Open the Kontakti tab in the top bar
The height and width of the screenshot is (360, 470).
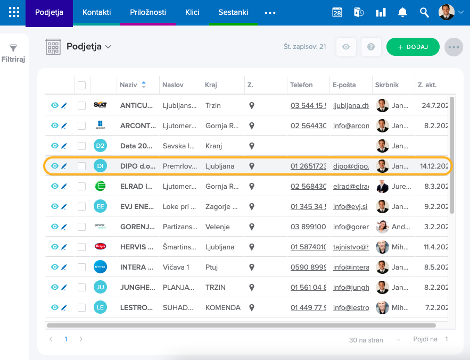pos(96,12)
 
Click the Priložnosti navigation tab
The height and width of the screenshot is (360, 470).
pos(148,12)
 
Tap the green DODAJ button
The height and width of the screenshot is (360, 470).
pos(413,47)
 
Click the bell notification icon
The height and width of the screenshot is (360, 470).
pos(403,12)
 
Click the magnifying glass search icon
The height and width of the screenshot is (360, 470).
pos(424,12)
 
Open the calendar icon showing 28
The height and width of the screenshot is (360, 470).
pos(337,12)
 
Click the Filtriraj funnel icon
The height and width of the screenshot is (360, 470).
pos(14,48)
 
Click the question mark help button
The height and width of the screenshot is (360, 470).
pos(371,47)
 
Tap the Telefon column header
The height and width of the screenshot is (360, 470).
pos(301,85)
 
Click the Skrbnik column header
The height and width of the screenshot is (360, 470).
pos(386,85)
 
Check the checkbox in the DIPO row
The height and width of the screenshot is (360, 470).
pos(81,166)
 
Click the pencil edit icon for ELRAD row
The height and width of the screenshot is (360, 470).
pos(64,187)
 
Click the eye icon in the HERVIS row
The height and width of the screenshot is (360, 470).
pos(54,247)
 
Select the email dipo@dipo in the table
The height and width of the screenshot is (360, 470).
pos(351,166)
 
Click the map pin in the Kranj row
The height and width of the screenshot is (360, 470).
pos(252,146)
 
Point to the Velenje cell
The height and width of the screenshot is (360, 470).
pos(217,227)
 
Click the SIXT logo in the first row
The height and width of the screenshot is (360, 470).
pos(100,105)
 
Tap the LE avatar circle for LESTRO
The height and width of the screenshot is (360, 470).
pos(100,307)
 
